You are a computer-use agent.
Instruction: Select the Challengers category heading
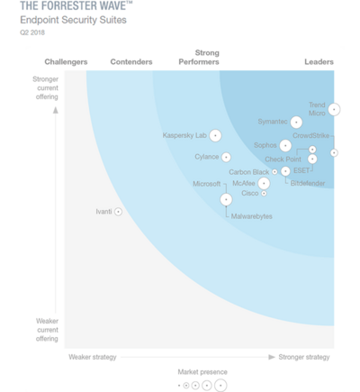66,62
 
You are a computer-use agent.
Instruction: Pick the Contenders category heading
130,62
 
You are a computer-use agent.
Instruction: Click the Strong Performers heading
206,58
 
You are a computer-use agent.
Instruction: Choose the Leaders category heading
319,62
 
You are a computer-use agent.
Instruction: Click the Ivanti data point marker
119,212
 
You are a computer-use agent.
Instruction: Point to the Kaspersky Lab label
184,135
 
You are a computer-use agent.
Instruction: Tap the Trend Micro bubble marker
334,109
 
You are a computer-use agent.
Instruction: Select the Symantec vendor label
273,121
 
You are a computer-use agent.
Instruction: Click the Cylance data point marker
227,158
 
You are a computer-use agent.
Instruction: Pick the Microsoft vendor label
206,184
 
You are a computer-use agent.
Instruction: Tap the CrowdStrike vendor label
310,135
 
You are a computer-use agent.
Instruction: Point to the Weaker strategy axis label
93,357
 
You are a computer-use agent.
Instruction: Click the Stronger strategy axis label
304,357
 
